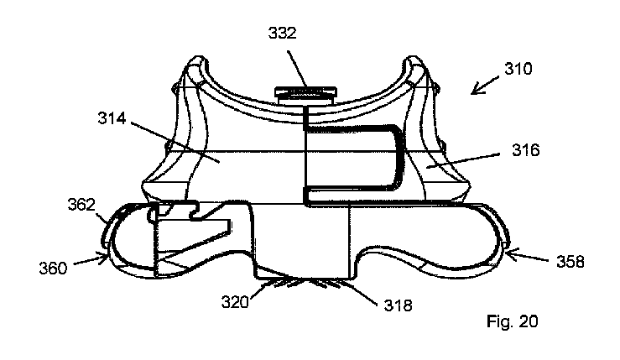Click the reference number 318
click(397, 305)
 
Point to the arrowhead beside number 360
click(106, 256)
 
